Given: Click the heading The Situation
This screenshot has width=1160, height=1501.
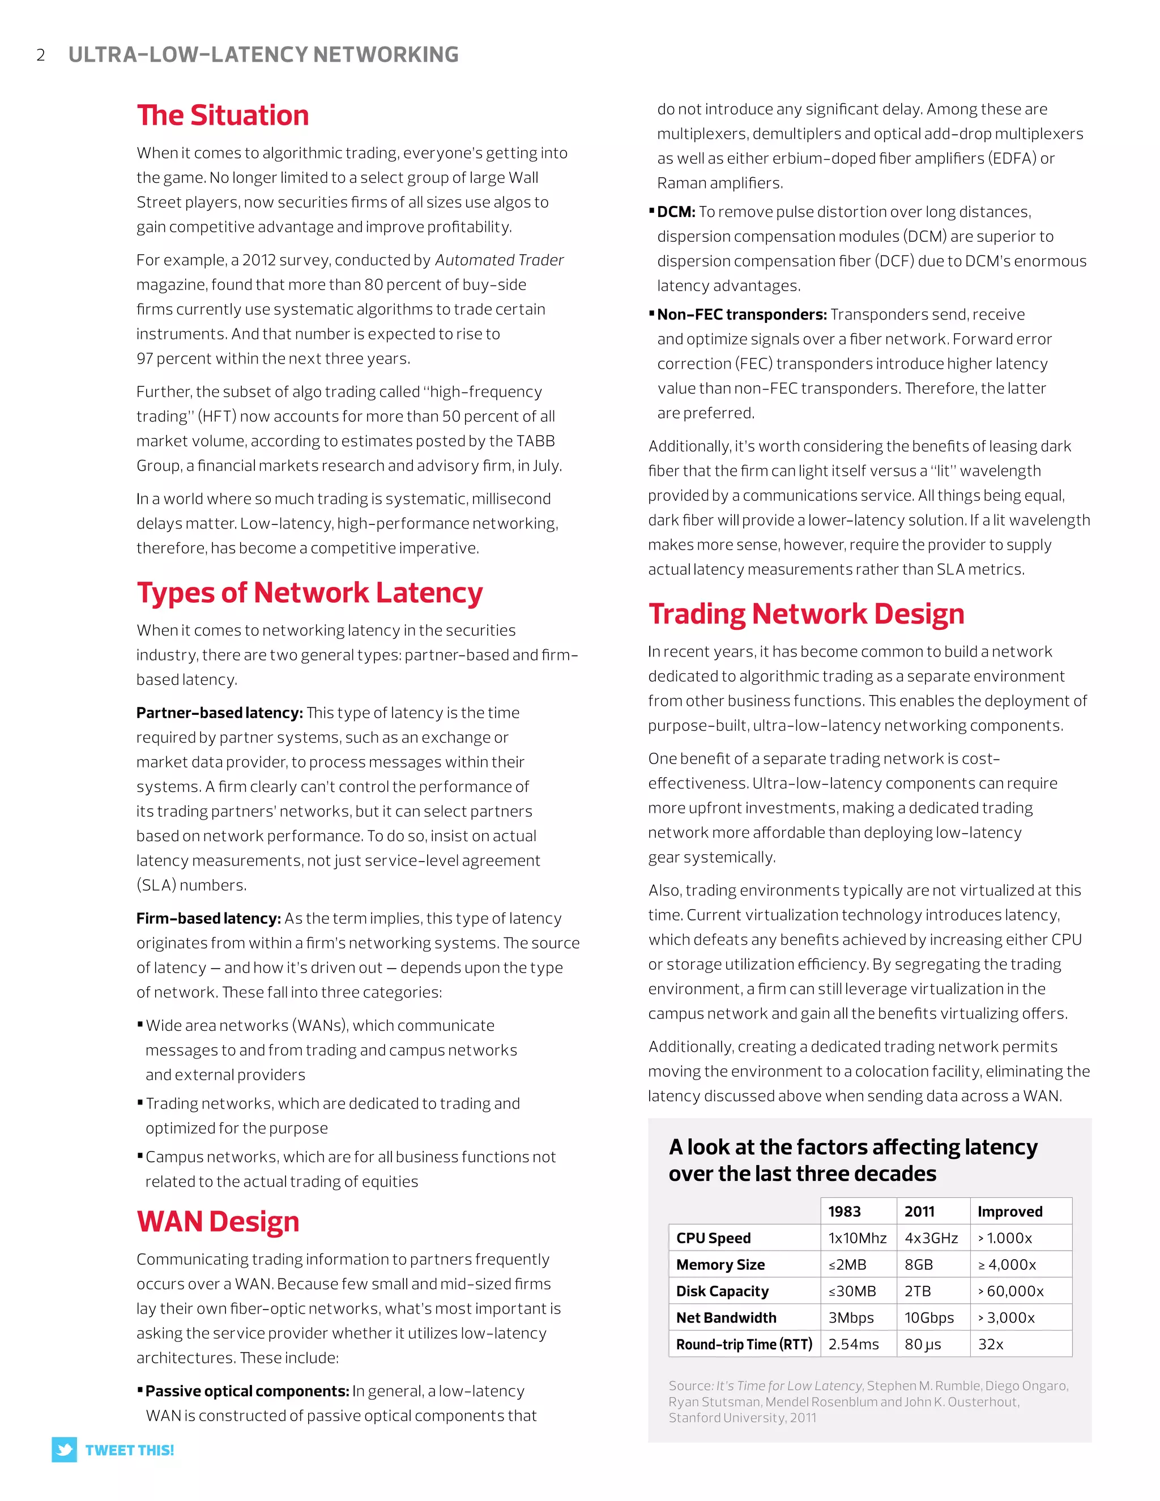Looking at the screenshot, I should pos(223,116).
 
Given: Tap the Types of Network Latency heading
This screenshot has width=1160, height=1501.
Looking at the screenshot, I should pos(309,593).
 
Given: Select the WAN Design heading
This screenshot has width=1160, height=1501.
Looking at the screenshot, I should pos(218,1222).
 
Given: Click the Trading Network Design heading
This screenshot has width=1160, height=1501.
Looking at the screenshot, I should pos(806,615).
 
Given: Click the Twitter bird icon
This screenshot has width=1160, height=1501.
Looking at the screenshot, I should pos(65,1449).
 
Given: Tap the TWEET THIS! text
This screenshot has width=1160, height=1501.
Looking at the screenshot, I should pos(129,1450).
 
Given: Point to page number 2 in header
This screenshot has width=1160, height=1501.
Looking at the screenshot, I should pos(41,55).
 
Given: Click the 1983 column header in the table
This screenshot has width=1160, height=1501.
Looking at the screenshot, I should pos(844,1212).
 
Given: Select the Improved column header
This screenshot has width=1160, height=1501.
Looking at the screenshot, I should pos(1009,1212).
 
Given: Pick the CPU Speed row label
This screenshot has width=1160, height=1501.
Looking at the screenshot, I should pos(713,1238).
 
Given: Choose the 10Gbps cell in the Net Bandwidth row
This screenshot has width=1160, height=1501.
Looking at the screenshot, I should pos(929,1317).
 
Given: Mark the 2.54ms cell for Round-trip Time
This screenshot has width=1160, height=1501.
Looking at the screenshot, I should pos(853,1344).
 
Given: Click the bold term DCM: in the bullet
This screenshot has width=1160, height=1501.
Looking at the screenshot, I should pos(676,212).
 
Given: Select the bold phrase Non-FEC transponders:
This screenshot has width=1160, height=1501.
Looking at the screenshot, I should pos(741,315).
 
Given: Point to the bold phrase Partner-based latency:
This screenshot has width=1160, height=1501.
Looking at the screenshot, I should pos(219,713).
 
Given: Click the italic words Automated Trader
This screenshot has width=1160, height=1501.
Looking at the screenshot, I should pos(499,261).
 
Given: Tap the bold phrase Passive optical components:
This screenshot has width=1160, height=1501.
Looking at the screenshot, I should pos(248,1391).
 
